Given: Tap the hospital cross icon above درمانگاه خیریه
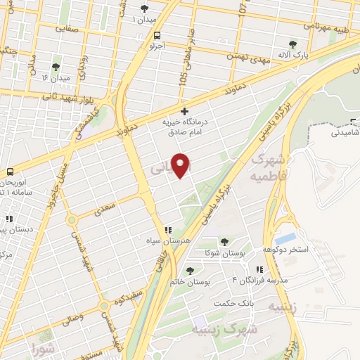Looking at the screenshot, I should pyautogui.click(x=184, y=111).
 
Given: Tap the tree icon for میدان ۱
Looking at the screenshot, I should pyautogui.click(x=145, y=8).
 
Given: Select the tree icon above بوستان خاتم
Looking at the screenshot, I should pyautogui.click(x=189, y=269).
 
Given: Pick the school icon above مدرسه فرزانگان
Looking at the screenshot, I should pyautogui.click(x=259, y=269).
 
